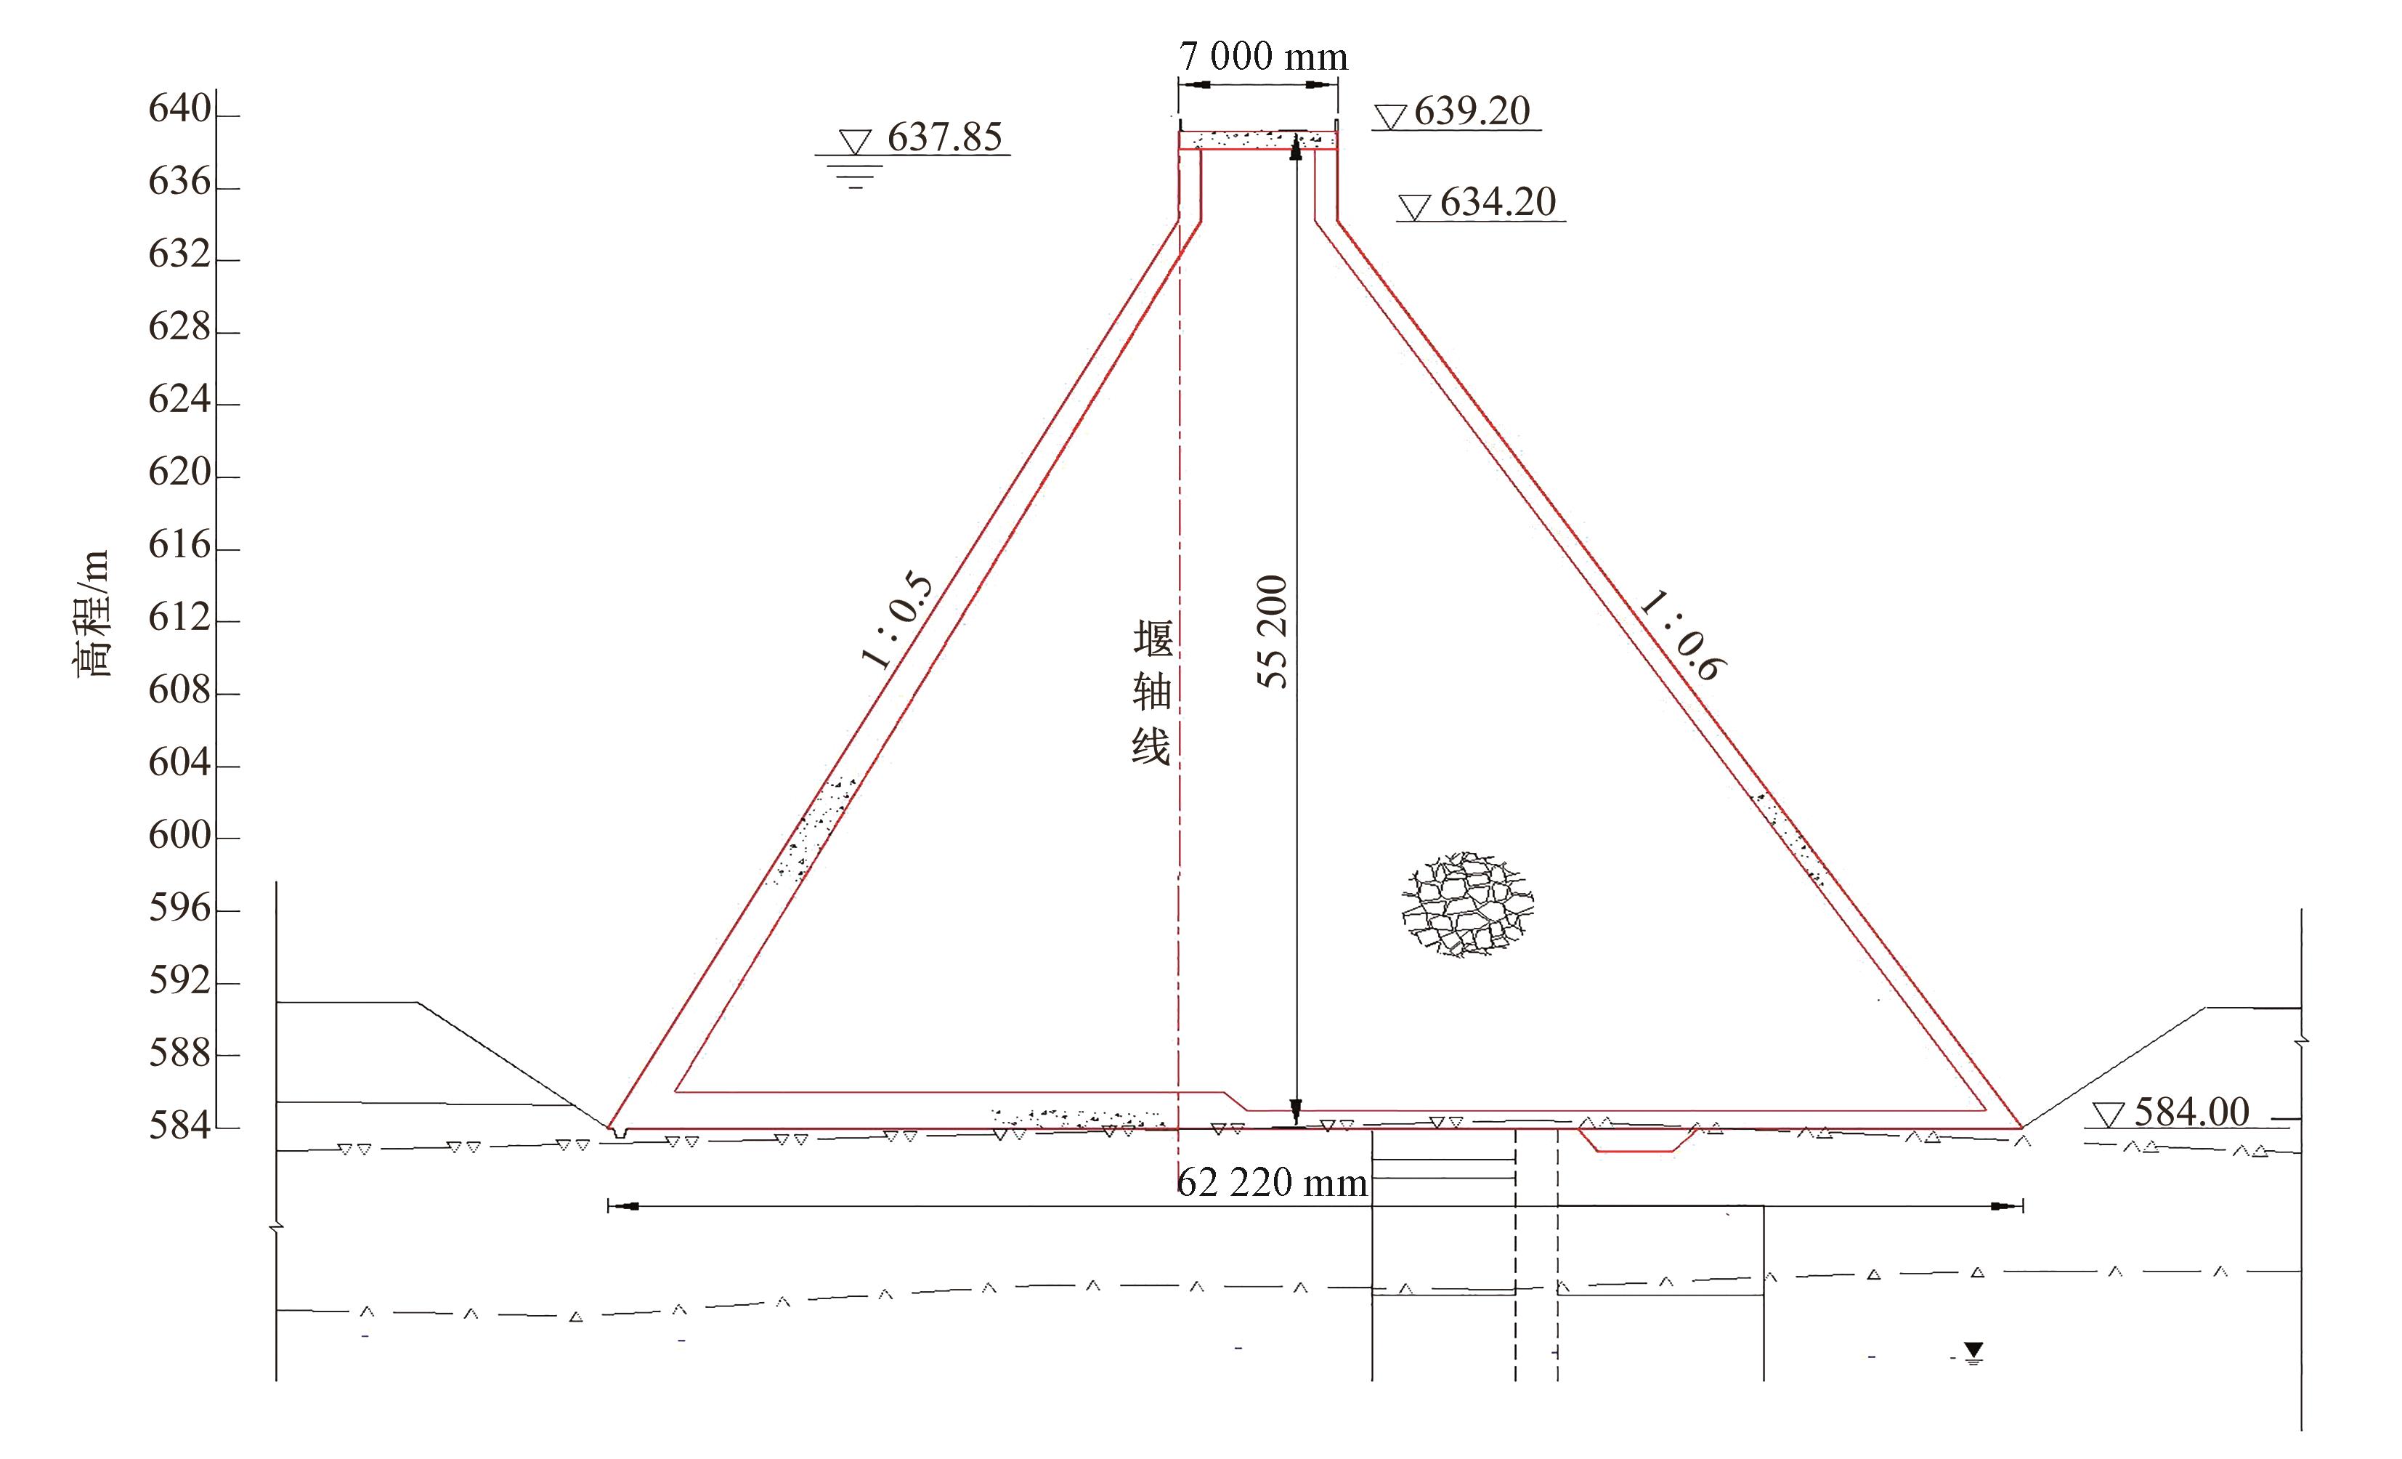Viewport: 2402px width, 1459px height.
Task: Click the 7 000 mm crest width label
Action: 1263,57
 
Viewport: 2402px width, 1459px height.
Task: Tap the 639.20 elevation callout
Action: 1472,111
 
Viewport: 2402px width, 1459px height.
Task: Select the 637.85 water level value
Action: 945,137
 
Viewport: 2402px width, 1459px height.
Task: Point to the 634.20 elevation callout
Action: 1498,203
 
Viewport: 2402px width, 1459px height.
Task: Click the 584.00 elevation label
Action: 2192,1112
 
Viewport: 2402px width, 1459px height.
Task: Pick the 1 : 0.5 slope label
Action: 898,621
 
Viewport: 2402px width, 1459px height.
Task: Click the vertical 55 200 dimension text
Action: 1272,632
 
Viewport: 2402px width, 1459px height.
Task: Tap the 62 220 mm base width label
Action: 1272,1183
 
